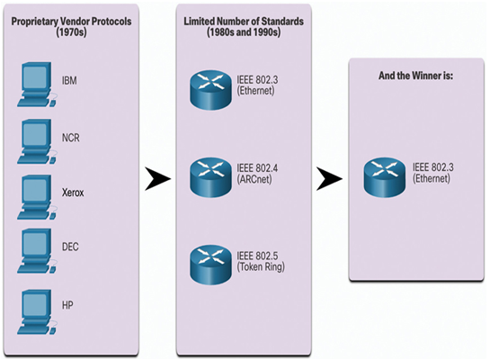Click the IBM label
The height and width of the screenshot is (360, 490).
tap(69, 81)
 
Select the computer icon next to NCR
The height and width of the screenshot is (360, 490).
tap(37, 141)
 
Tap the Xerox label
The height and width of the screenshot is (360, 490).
tap(73, 193)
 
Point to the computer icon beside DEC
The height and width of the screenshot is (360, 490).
tap(37, 251)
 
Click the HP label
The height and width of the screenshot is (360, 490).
tap(67, 305)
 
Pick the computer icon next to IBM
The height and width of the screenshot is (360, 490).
tap(37, 85)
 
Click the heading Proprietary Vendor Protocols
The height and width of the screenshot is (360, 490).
tap(72, 22)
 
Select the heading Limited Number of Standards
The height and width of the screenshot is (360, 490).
tap(244, 22)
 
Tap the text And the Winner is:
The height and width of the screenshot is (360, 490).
tap(416, 76)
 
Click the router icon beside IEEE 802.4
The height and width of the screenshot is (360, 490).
tap(211, 177)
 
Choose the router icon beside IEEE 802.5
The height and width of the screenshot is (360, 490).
tap(211, 265)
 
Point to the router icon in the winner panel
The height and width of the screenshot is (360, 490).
tap(385, 177)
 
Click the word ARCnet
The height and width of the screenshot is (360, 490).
tap(254, 179)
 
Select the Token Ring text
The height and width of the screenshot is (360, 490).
tap(261, 267)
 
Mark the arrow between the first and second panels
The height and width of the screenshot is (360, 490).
tap(158, 179)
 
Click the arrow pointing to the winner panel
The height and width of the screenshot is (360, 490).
tap(329, 179)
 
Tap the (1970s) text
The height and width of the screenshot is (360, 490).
tap(72, 32)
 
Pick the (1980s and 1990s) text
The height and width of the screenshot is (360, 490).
tap(244, 32)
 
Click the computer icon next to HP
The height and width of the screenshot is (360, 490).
tap(37, 312)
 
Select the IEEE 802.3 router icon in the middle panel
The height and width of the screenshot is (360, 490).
tap(211, 90)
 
